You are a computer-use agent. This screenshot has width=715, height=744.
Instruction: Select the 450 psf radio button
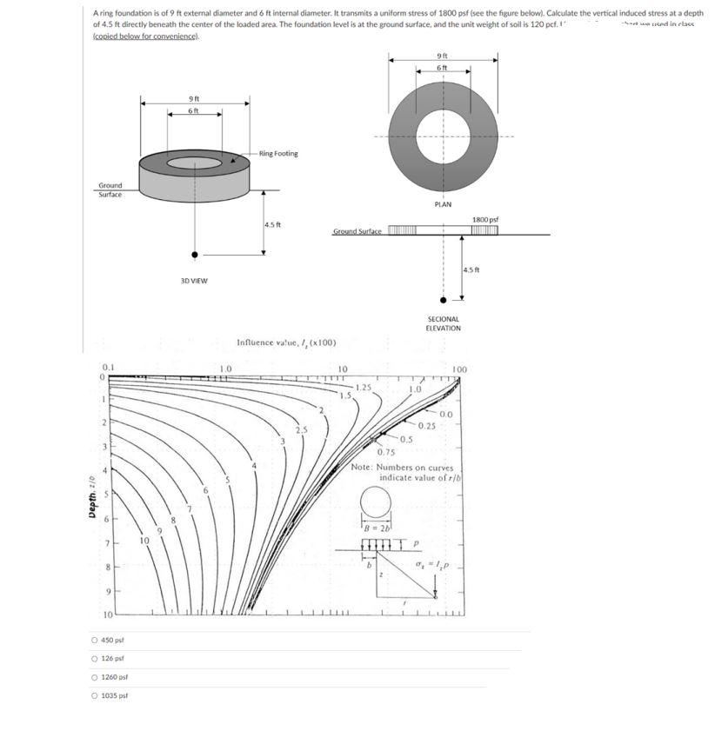(x=96, y=641)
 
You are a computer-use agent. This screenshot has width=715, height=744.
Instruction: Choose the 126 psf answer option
(x=96, y=659)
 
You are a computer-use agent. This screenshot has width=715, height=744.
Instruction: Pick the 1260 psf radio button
(x=96, y=677)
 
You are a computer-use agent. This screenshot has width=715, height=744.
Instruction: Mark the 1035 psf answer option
(x=96, y=695)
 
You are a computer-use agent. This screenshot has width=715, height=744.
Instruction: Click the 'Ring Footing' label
(x=279, y=154)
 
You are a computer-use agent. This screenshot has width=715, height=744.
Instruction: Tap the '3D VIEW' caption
(x=193, y=281)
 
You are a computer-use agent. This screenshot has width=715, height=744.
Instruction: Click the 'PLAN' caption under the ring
(x=443, y=204)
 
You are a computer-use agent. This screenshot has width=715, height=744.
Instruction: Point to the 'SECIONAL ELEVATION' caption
(x=443, y=323)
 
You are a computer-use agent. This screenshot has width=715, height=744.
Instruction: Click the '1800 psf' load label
(x=484, y=221)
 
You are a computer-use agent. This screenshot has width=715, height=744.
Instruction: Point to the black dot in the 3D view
(x=195, y=255)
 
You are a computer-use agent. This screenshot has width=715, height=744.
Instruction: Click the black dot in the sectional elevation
(x=444, y=300)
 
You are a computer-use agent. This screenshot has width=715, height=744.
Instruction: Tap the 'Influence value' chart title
(x=287, y=342)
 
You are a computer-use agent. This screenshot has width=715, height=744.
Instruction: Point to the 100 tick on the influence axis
(x=459, y=369)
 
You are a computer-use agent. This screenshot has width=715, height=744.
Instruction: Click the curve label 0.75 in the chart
(x=387, y=452)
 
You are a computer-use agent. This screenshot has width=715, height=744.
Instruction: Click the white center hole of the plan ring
(x=443, y=136)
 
